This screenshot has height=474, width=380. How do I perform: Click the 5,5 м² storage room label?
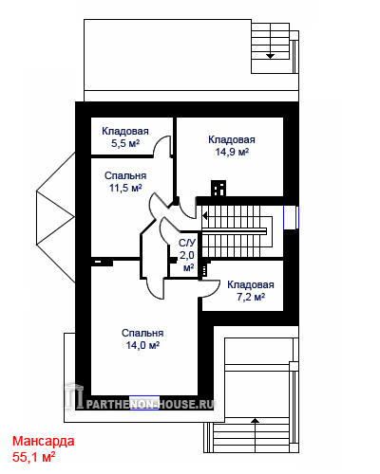pos(125,137)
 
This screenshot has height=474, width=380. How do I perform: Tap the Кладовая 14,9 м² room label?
pos(232,146)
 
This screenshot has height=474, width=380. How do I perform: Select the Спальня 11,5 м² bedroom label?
pos(125,182)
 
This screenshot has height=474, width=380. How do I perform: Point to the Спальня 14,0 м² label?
pos(142,339)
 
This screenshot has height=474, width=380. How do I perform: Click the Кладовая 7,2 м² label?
pos(251,291)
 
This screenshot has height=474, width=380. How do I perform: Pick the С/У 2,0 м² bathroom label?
pos(187,255)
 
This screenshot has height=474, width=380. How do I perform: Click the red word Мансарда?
pos(44,441)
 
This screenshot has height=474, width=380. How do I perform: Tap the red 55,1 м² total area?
pos(34,457)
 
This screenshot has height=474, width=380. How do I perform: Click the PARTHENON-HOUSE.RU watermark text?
pos(150,405)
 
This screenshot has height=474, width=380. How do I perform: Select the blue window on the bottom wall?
pos(144,403)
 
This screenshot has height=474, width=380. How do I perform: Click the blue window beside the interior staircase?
pos(291,217)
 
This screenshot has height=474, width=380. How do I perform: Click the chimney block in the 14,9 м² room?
pos(218,189)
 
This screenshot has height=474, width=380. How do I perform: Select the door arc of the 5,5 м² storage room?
pos(161,145)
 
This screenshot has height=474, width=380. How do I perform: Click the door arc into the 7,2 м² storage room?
pos(211,289)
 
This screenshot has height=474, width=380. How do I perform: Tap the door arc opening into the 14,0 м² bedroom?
pos(155,289)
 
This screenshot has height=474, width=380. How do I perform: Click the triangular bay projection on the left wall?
pos(56,217)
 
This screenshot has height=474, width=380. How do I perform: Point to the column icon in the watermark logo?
pos(75,396)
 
